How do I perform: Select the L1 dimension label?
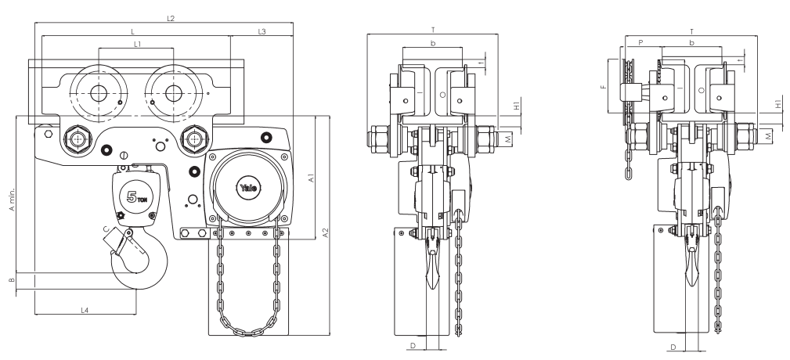pos(137,45)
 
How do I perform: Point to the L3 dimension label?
pos(262,31)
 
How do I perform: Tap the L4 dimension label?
pos(85,311)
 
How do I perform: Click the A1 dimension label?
pos(311,179)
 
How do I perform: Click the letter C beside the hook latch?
pos(106,229)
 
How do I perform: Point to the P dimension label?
pos(640,44)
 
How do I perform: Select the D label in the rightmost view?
pos(673,345)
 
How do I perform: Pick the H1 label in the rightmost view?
pos(777,103)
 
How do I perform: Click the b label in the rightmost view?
pos(691,44)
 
